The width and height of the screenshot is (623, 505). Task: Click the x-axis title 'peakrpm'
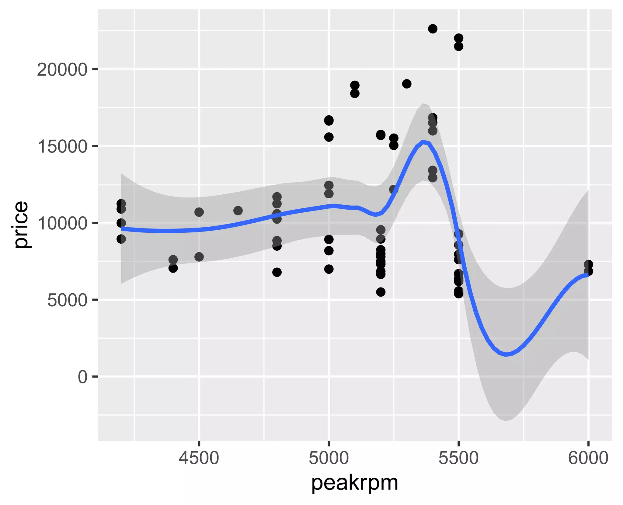click(x=355, y=483)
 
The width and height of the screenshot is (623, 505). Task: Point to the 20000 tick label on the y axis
click(x=62, y=70)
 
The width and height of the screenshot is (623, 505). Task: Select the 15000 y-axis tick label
click(x=62, y=147)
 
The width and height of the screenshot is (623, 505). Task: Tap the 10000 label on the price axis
click(x=62, y=223)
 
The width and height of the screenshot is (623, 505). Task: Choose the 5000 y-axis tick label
click(x=67, y=300)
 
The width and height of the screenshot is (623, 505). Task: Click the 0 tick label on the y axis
click(x=82, y=377)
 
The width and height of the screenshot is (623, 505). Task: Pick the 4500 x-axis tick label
click(x=199, y=458)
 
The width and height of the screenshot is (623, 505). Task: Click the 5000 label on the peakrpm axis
click(x=329, y=458)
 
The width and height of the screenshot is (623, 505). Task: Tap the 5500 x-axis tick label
click(x=458, y=458)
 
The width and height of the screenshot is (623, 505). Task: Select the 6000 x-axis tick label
click(x=588, y=458)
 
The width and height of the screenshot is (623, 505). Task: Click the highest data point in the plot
click(x=433, y=29)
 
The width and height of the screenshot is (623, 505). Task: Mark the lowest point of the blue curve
click(x=506, y=354)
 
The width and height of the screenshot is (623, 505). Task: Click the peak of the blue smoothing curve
click(x=423, y=141)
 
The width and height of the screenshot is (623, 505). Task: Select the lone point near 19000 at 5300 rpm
click(x=407, y=84)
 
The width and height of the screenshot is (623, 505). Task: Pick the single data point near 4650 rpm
click(x=238, y=210)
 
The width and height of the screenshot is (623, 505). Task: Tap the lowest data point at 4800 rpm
click(x=277, y=272)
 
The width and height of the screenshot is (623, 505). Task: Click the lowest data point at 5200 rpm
click(x=381, y=292)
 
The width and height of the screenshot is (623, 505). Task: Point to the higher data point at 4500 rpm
click(x=199, y=212)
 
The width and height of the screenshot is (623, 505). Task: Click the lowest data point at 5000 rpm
click(x=329, y=269)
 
